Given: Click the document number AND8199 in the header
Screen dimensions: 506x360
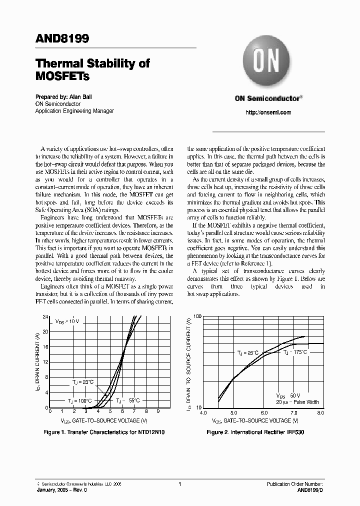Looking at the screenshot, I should click(62, 39).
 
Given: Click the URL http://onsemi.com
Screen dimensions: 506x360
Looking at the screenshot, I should click(268, 112).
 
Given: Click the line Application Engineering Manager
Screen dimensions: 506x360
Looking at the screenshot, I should click(74, 111).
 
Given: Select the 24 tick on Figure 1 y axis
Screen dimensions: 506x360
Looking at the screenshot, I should click(45, 317).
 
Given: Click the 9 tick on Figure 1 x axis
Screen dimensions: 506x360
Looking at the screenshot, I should click(158, 412).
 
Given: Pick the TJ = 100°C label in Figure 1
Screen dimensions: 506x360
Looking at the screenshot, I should click(79, 400).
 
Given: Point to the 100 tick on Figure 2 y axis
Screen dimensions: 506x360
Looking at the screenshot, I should click(196, 317).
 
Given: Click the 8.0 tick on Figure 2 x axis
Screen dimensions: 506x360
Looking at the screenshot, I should click(320, 413).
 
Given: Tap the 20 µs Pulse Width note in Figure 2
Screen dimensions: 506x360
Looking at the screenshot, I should click(297, 401).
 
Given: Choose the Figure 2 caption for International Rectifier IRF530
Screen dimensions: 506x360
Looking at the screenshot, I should click(255, 431).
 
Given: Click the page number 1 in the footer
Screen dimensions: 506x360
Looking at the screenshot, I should click(179, 484).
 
